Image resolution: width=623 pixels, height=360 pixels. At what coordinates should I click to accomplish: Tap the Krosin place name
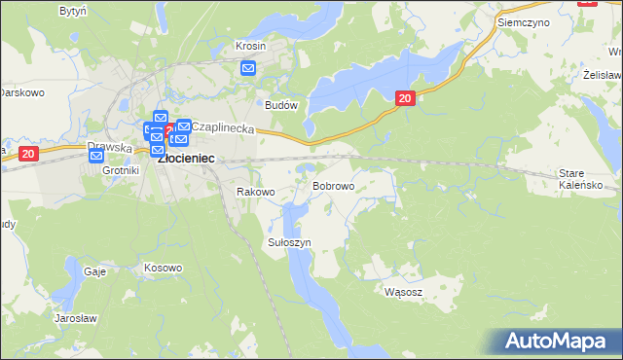coord(251,46)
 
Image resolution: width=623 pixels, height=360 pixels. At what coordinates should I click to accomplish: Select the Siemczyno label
coord(523,20)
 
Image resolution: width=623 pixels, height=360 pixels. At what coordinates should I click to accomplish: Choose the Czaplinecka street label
coord(223,127)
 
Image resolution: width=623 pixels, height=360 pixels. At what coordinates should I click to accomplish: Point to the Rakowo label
coord(257,192)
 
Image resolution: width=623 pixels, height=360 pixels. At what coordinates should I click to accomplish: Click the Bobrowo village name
coord(333,185)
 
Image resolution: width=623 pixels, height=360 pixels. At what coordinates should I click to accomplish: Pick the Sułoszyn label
coord(289,241)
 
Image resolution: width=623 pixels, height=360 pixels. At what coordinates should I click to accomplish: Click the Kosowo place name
coord(163,268)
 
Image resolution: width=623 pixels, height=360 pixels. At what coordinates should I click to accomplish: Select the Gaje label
coord(94,271)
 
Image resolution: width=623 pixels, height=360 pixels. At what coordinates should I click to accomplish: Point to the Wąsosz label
coord(403,291)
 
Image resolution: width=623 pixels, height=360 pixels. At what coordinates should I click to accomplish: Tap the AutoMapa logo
coord(559,341)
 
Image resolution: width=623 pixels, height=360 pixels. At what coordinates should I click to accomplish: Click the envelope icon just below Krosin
coord(248,68)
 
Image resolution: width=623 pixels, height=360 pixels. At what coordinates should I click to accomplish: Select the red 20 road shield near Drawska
coord(27,153)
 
